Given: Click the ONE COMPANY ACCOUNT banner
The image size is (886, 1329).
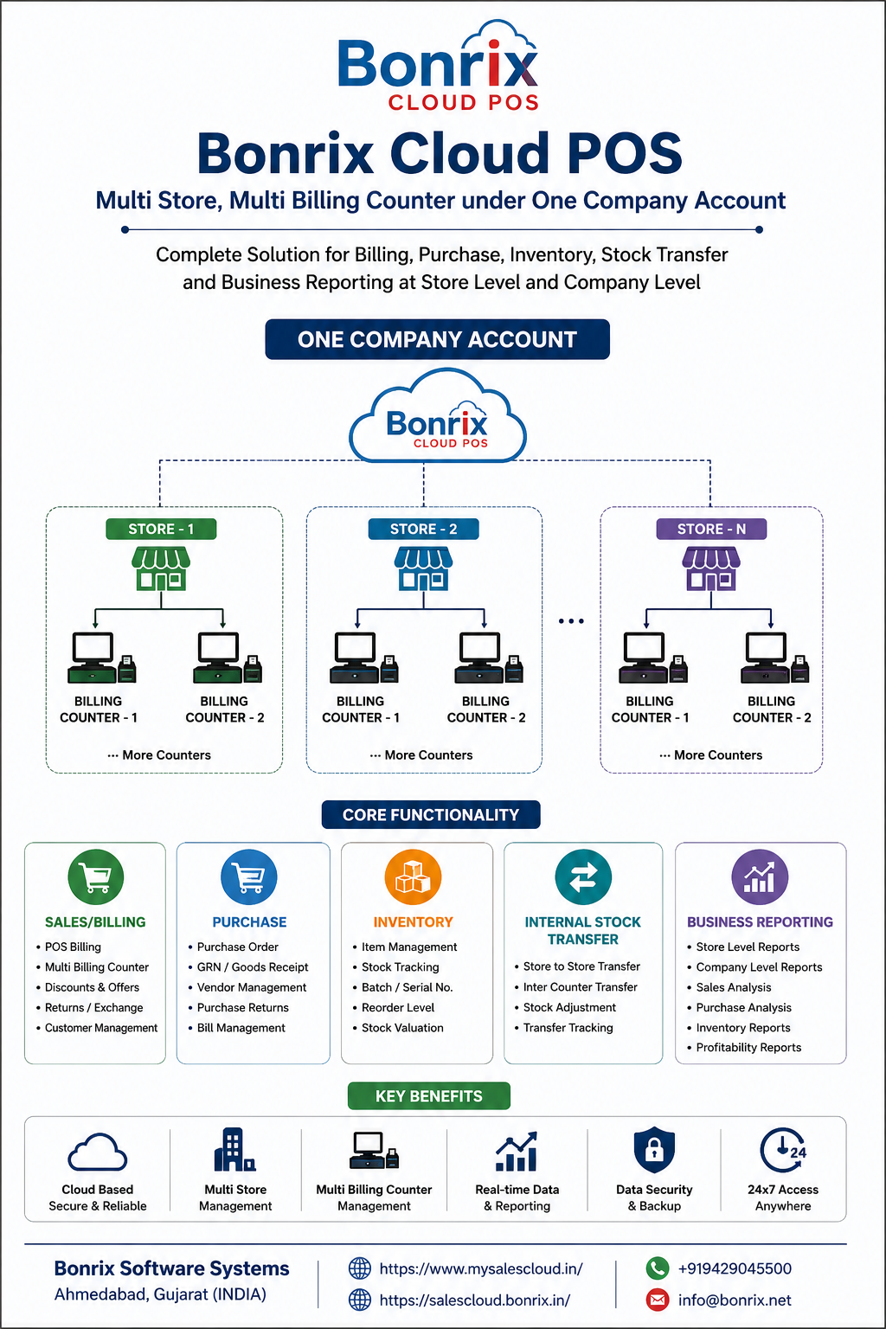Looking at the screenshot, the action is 437,339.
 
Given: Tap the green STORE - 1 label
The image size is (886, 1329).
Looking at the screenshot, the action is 161,529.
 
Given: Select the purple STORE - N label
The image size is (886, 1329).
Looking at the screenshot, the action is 711,529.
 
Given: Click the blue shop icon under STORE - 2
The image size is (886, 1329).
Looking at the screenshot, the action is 424,569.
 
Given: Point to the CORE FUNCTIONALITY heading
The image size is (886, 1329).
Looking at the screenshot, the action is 431,814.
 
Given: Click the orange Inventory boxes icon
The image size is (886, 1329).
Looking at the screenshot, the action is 413,877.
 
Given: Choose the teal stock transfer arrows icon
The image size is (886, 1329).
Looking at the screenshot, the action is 583,877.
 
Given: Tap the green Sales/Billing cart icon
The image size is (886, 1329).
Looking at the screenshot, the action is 95,877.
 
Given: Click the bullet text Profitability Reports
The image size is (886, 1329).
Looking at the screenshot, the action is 748,1048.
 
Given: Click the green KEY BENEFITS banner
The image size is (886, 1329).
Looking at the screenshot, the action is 429,1096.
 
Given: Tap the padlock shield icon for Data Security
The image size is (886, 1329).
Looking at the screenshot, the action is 654,1150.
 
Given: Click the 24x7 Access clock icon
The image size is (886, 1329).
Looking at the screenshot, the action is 783,1151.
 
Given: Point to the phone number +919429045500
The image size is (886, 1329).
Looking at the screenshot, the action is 735,1268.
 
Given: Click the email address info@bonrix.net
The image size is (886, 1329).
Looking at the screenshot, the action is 735,1300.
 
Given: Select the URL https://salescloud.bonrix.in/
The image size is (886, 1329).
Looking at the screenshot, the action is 475,1300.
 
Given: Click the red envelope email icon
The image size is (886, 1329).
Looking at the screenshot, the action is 657,1300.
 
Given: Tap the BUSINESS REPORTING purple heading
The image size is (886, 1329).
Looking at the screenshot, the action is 760,922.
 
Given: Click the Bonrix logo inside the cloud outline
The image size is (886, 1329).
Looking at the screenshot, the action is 437,426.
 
